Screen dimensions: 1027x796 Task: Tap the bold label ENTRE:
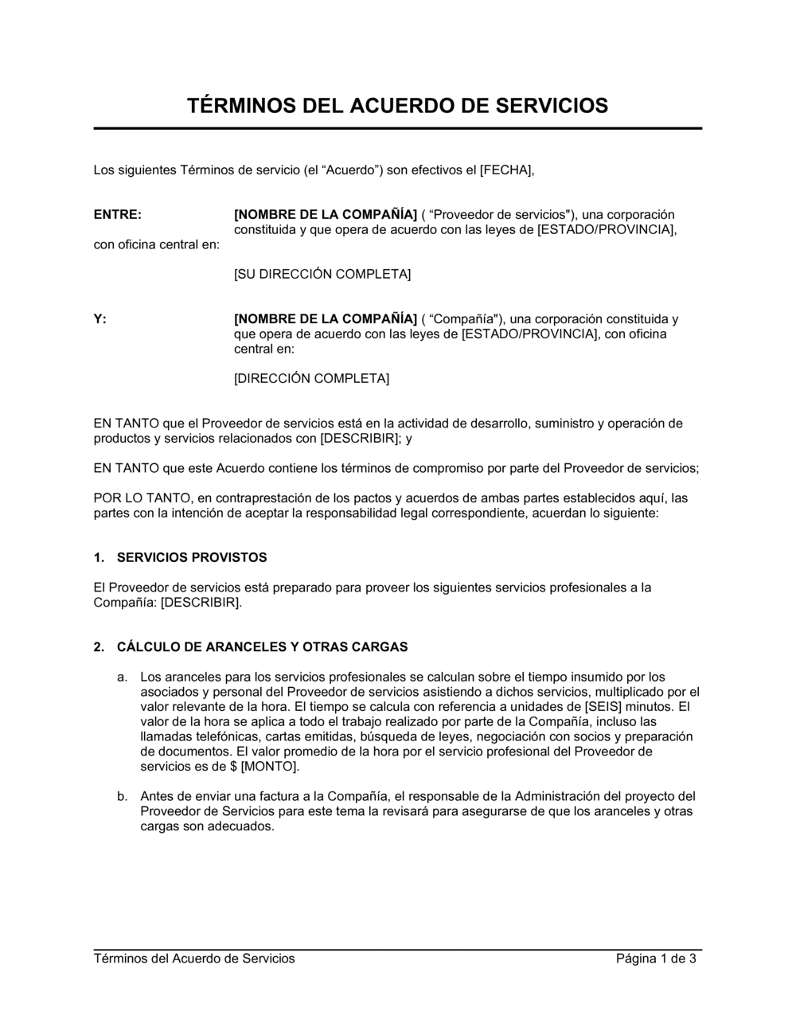tap(118, 214)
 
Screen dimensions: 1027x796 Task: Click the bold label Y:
tap(100, 318)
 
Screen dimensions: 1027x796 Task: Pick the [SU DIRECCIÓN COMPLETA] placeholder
tap(322, 274)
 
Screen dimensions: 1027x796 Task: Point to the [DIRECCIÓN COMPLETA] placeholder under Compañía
tap(311, 378)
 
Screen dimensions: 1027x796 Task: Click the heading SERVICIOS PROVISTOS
tap(192, 557)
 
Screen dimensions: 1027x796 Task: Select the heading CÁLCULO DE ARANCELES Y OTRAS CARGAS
tap(262, 646)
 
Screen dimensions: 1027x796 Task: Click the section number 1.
tap(98, 557)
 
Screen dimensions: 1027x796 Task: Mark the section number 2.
tap(98, 646)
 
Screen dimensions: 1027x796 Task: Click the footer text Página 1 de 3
tap(656, 959)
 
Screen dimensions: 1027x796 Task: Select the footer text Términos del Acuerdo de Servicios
tap(194, 959)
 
